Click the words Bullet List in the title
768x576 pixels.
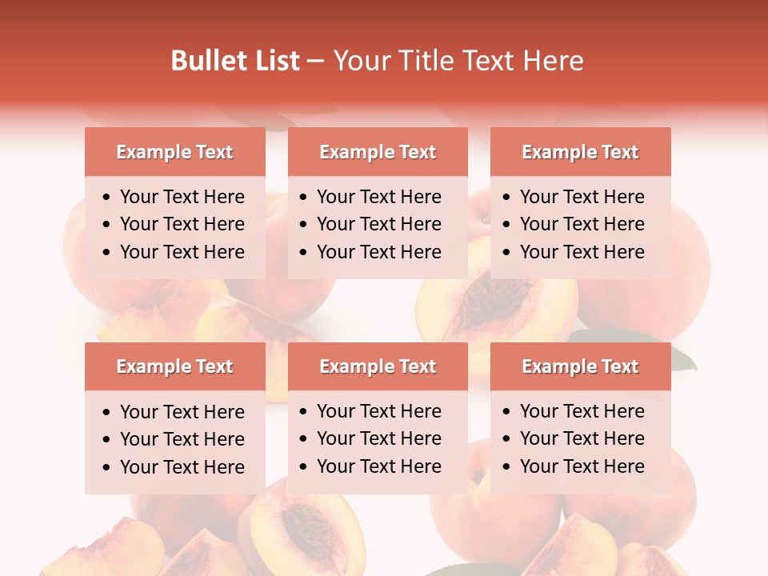point(234,61)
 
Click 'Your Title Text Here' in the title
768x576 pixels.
point(458,61)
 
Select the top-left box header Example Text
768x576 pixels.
point(174,152)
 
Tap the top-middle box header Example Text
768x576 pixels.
point(378,152)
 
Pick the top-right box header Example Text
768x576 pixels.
point(580,152)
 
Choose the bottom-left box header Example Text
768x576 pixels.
point(174,366)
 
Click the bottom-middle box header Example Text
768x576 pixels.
point(378,366)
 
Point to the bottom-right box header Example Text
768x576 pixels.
point(580,366)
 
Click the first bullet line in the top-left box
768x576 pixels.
point(182,197)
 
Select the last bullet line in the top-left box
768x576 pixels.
point(182,252)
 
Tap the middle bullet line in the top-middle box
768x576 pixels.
point(378,224)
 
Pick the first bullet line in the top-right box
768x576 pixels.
point(582,197)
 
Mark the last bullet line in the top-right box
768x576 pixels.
point(582,252)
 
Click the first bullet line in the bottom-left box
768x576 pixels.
point(182,412)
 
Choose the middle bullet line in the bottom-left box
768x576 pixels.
point(182,439)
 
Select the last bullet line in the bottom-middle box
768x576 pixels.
point(378,466)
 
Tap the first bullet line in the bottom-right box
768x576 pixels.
point(582,411)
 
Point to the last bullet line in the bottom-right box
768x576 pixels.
point(582,466)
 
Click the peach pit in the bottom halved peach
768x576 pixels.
point(307,529)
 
